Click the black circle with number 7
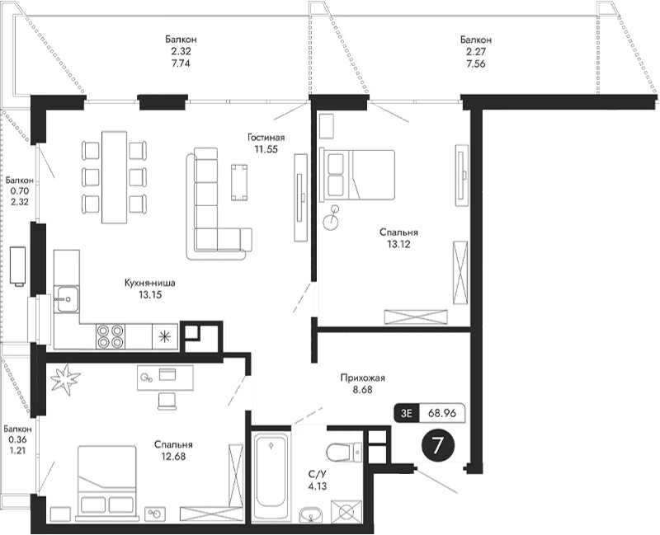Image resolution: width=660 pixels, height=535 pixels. (438, 446)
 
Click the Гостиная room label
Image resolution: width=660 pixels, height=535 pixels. (266, 138)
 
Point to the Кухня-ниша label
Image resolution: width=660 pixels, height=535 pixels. (150, 283)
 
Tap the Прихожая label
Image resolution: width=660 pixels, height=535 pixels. (363, 378)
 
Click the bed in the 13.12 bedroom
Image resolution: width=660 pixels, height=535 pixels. (358, 173)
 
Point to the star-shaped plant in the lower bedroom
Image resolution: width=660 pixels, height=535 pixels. (65, 380)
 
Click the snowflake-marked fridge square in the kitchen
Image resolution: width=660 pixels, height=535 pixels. (165, 335)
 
